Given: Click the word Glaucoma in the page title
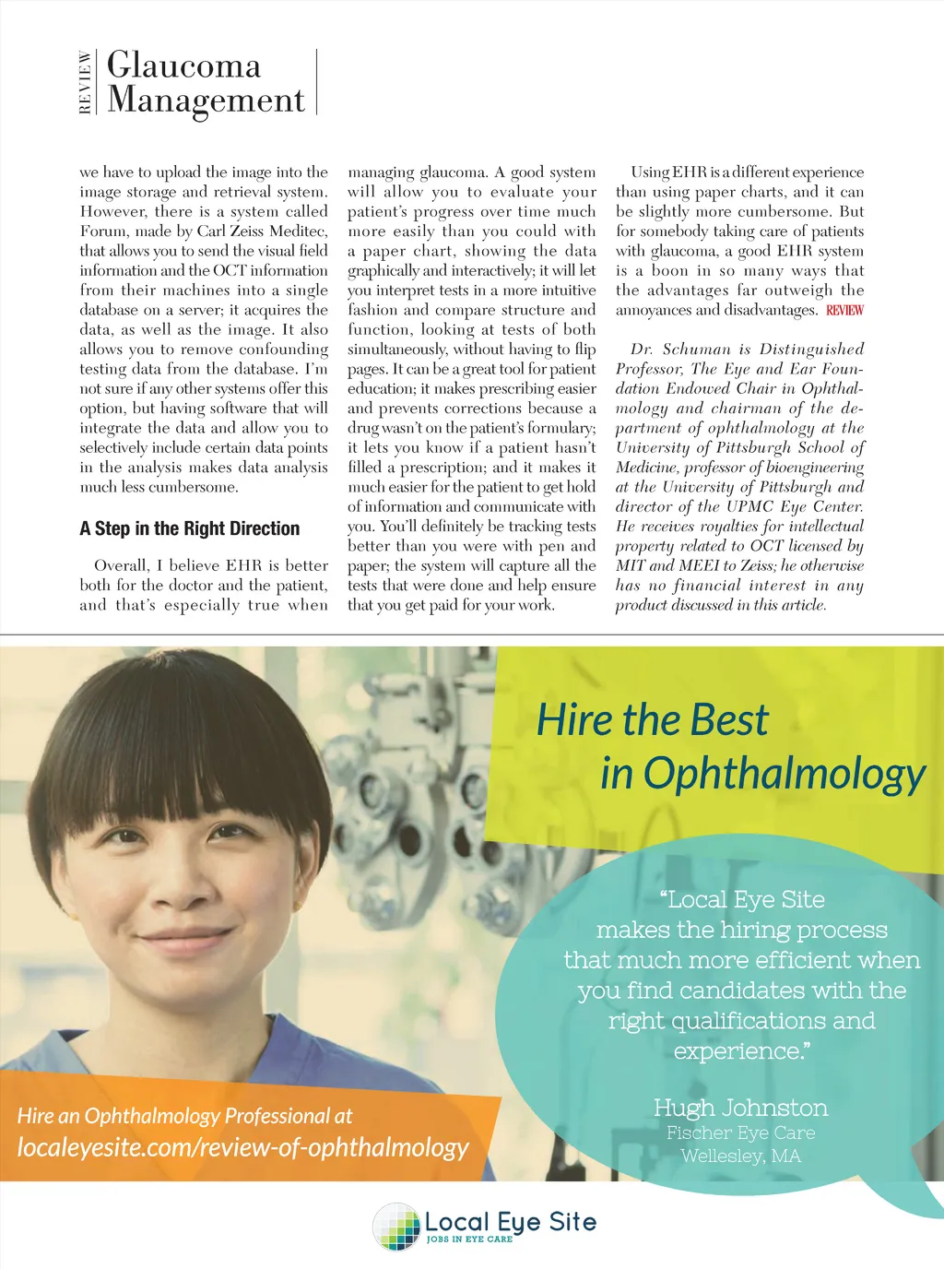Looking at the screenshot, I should point(183,65).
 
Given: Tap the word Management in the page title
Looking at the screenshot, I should point(206,100).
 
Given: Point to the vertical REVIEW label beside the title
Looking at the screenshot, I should point(85,82).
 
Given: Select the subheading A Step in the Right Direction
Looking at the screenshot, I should point(190,528).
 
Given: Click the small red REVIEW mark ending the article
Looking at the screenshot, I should point(844,311).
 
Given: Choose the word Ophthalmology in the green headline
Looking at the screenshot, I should point(784,773).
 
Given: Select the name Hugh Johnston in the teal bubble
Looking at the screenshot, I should point(740,1108).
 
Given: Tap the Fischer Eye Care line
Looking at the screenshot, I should point(740,1133).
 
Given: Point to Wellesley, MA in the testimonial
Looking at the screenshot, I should point(740,1156).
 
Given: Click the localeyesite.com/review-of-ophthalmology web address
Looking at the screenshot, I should point(242,1147).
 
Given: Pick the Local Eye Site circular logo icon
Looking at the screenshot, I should point(396,1227).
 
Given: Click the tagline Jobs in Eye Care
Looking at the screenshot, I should point(469,1239).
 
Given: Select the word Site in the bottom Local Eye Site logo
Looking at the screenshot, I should point(572,1222).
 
